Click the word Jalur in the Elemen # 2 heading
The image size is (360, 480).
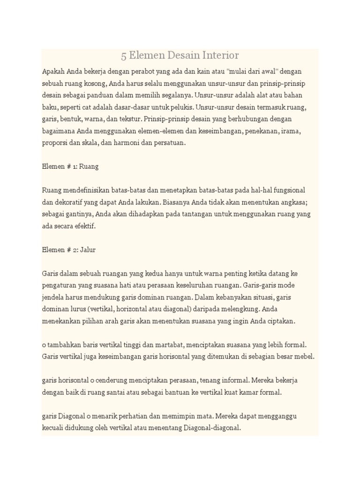pyautogui.click(x=88, y=250)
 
